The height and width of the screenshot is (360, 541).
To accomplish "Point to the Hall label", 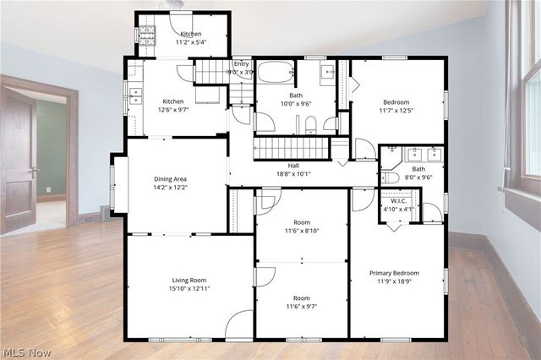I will pos(293,166).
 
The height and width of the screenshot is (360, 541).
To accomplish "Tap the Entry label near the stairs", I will pos(242,63).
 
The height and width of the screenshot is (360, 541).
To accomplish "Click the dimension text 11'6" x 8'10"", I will pos(302,230).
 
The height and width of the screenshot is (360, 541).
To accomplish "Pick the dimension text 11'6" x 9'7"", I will pos(302,308).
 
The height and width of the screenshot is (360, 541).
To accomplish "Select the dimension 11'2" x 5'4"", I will pos(190,42).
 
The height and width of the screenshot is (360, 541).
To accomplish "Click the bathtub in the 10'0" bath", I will pos(276,72).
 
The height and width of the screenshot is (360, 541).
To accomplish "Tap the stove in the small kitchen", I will pos(145,35).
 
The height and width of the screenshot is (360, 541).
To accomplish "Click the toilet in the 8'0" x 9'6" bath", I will pos(390,177).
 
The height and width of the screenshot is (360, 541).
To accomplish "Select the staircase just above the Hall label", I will pos(292,148).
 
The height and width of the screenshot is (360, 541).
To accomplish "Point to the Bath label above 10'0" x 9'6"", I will pos(295,95).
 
